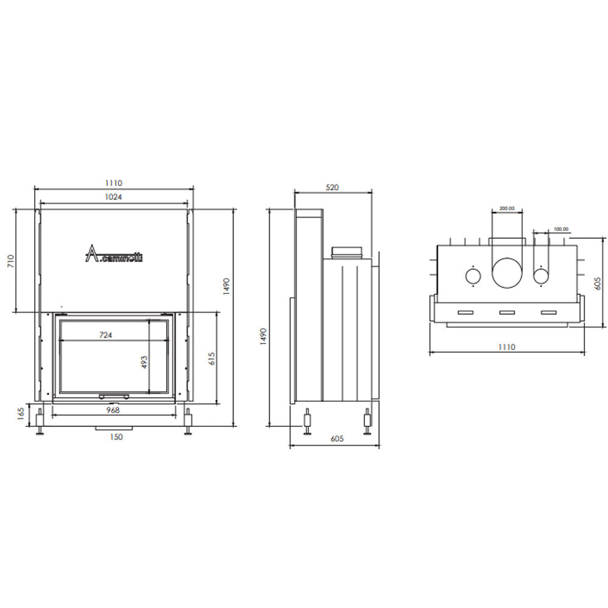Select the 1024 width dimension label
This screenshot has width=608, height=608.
coord(113,196)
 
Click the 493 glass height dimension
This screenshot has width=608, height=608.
coord(145,362)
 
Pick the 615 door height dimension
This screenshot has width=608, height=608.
coord(211,359)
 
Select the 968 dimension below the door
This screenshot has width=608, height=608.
coord(112,410)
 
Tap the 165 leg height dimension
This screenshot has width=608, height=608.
coord(21,415)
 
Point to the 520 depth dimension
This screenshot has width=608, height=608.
coord(332,188)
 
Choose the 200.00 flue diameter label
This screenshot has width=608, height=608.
coord(506,209)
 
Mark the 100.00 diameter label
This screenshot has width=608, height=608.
coord(560,229)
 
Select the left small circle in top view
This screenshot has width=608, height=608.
coord(472,277)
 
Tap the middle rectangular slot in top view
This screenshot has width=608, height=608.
coord(507,313)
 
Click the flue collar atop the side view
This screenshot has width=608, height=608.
coord(347,251)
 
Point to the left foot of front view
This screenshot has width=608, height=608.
coord(40,421)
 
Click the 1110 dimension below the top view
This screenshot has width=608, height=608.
coord(506,347)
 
